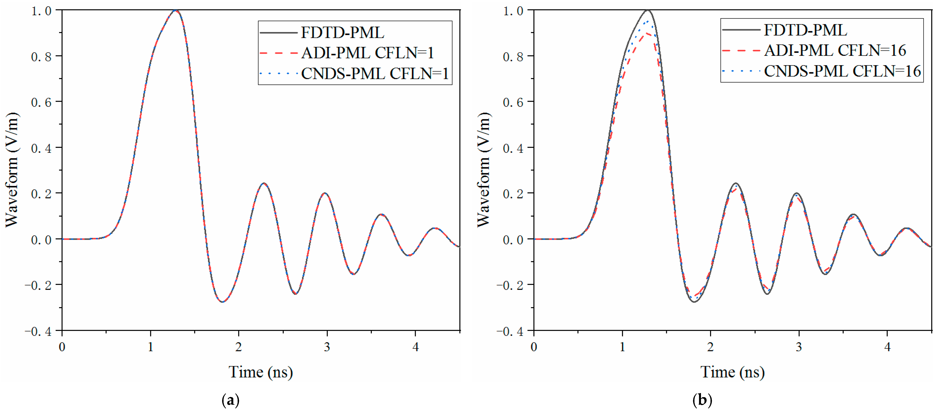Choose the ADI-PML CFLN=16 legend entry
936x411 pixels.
pos(835,50)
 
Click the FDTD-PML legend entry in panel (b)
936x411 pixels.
pos(805,30)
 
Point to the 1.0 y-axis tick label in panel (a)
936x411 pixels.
pos(41,11)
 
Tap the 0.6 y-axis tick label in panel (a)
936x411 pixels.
pos(41,102)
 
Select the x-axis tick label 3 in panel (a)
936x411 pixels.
pos(327,347)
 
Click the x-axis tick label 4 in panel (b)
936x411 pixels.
pos(887,347)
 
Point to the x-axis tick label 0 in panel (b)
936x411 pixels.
pos(534,347)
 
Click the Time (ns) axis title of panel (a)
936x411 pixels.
pos(261,372)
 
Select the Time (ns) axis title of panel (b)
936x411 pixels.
pos(732,372)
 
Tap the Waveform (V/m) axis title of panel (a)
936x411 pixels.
pos(12,170)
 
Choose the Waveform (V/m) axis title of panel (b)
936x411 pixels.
pos(484,170)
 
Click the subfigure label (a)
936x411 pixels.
pos(230,400)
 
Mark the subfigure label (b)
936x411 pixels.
pos(702,400)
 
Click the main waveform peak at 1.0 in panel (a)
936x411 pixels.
pos(176,11)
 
